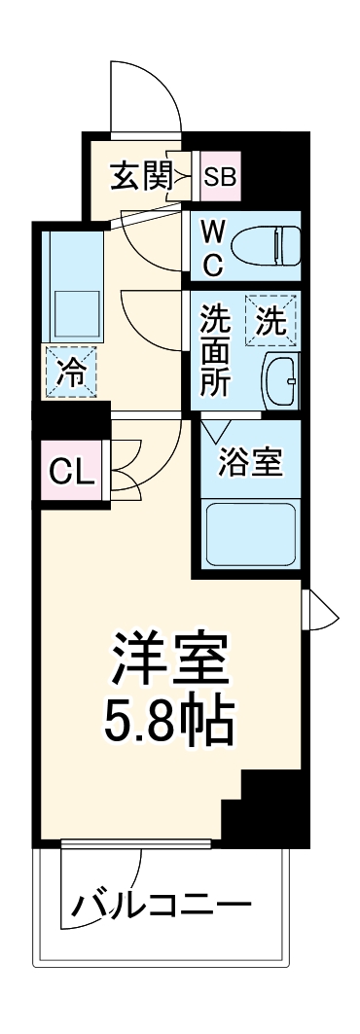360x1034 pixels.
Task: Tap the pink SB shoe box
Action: tap(219, 177)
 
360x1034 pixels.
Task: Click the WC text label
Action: tap(213, 248)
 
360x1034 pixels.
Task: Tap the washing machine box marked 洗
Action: tap(271, 320)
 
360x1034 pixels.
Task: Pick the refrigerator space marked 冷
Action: tap(71, 371)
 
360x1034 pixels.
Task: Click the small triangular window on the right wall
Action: tap(321, 612)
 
